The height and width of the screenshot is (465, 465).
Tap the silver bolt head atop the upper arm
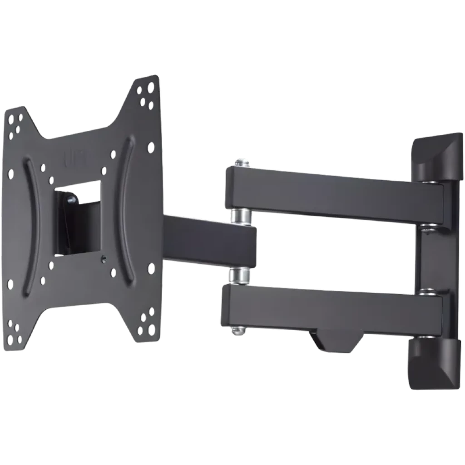pyautogui.click(x=242, y=161)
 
